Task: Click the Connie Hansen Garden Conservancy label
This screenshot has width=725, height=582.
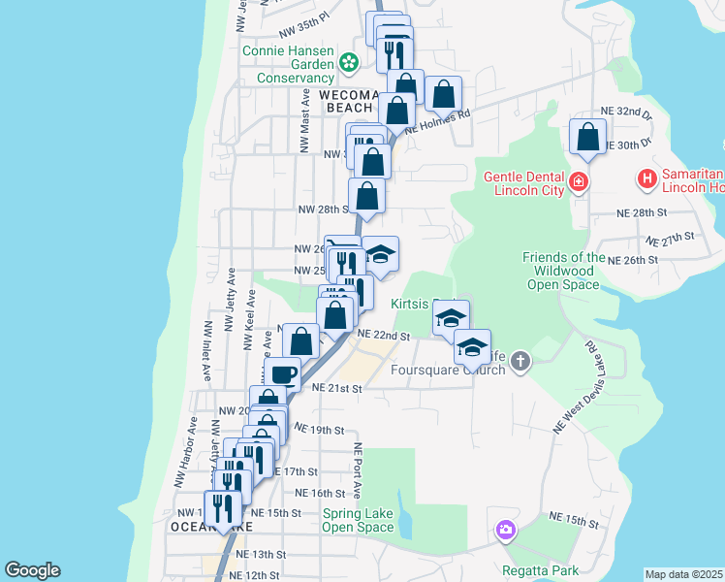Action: tap(288, 64)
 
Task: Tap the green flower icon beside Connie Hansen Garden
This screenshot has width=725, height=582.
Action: tap(349, 64)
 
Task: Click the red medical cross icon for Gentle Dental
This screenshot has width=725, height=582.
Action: tap(579, 180)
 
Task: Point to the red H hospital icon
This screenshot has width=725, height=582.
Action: tap(646, 178)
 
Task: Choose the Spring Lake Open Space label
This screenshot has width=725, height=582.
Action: tap(358, 520)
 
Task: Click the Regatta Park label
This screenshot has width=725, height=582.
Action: tap(540, 569)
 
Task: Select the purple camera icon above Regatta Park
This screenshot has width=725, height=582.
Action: tap(505, 530)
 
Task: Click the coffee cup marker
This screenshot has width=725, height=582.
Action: tap(282, 373)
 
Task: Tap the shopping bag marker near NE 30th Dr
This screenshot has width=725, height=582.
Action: tap(587, 138)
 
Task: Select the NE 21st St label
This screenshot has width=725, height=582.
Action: tap(336, 388)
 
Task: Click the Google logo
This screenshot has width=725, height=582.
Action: tap(33, 570)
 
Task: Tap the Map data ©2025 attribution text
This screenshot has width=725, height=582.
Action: tap(683, 574)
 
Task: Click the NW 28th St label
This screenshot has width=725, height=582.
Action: tap(322, 210)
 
